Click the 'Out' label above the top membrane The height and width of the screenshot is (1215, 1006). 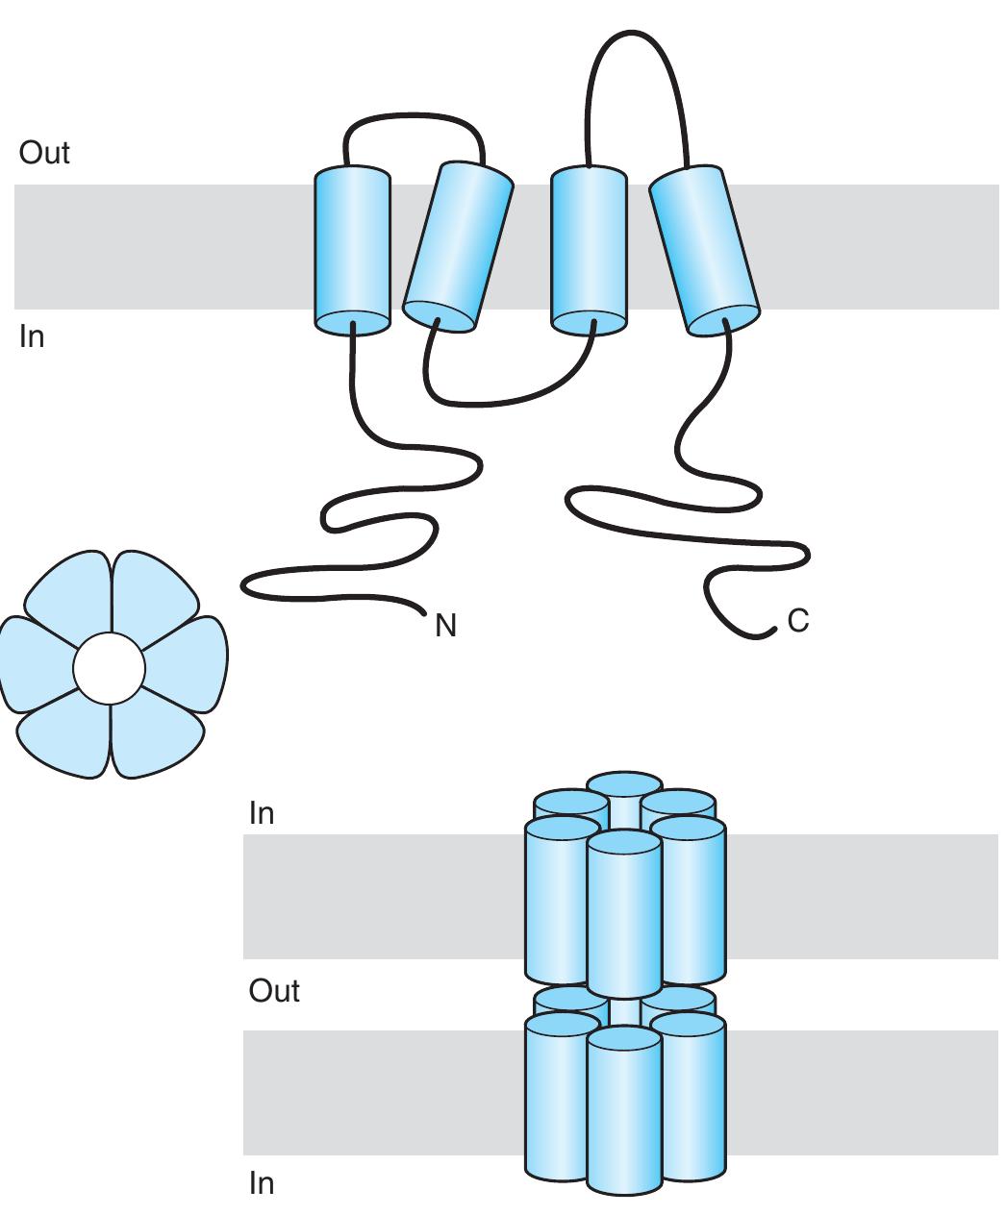coord(44,154)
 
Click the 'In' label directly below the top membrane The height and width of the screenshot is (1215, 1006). coord(32,337)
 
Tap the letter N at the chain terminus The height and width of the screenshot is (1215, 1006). coord(445,627)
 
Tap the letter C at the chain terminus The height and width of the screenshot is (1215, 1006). coord(797,622)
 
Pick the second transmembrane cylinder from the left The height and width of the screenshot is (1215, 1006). coord(457,247)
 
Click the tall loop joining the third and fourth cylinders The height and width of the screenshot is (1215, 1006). coord(635,38)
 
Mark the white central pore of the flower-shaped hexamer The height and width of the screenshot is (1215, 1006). coord(109,668)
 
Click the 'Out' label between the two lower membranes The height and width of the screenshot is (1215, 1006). coord(274,991)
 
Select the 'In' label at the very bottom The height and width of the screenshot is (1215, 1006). coord(262,1183)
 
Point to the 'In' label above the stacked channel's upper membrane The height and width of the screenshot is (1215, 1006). coord(262,813)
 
